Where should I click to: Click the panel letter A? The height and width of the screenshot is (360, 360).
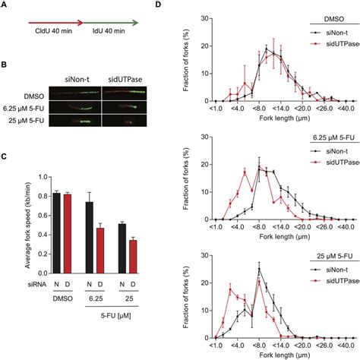tap(5, 5)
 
